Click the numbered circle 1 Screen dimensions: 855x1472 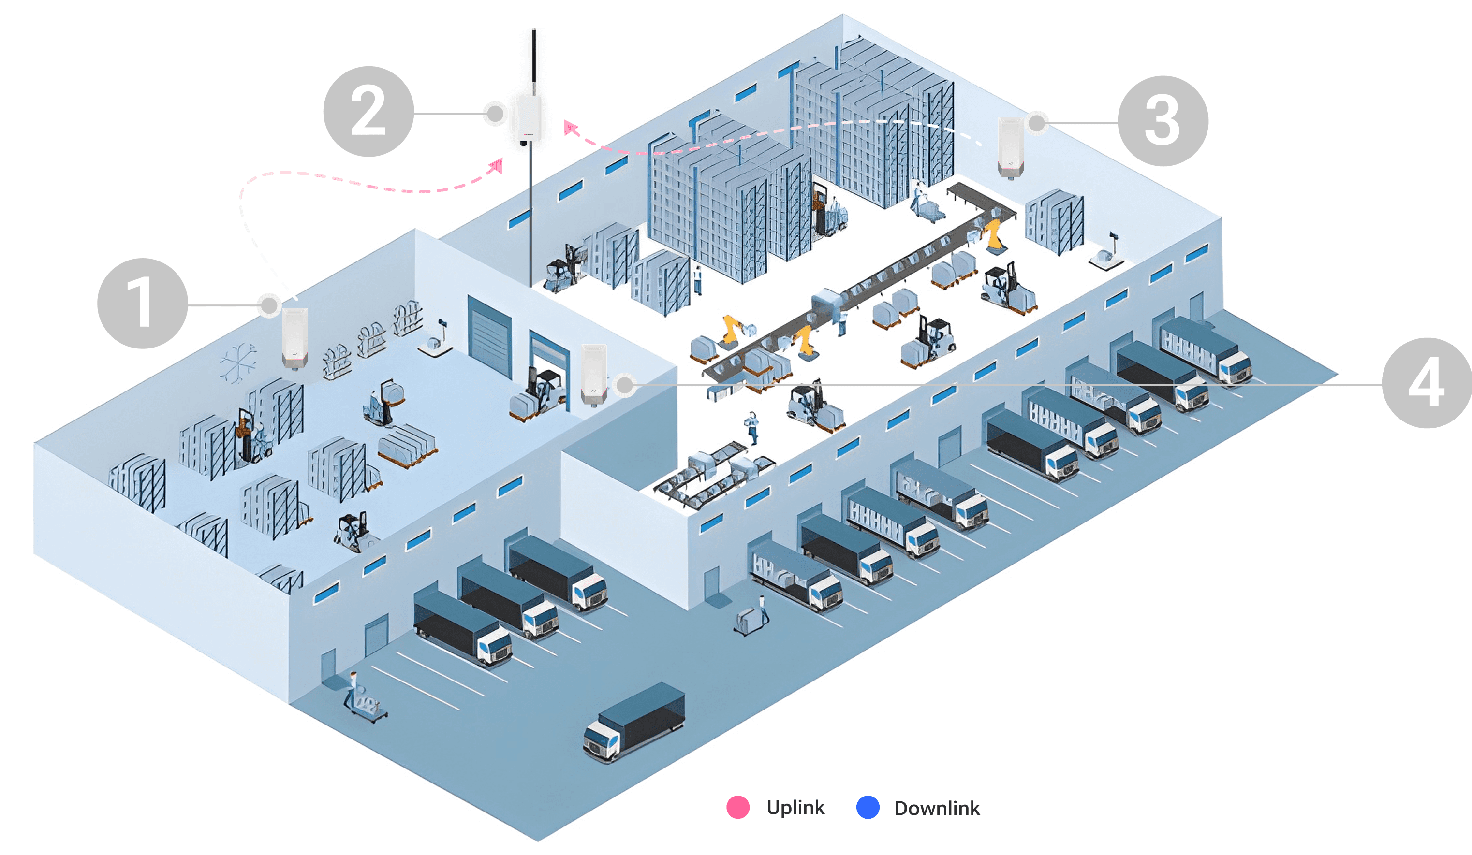click(x=142, y=304)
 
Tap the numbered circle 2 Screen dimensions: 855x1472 click(x=368, y=112)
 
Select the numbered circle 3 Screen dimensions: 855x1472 click(x=1163, y=121)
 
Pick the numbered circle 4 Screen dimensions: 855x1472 click(x=1427, y=383)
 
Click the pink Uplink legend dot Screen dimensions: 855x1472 click(x=738, y=807)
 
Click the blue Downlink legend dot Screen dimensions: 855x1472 click(x=868, y=807)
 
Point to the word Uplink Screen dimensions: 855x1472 click(x=795, y=807)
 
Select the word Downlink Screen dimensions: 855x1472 click(x=937, y=808)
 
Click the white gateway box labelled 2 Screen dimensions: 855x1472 click(x=528, y=120)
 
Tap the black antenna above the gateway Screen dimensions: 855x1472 click(x=534, y=58)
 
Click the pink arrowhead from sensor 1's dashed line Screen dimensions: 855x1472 click(x=497, y=165)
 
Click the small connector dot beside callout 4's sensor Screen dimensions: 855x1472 click(x=625, y=384)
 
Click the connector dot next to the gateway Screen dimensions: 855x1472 click(x=495, y=113)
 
